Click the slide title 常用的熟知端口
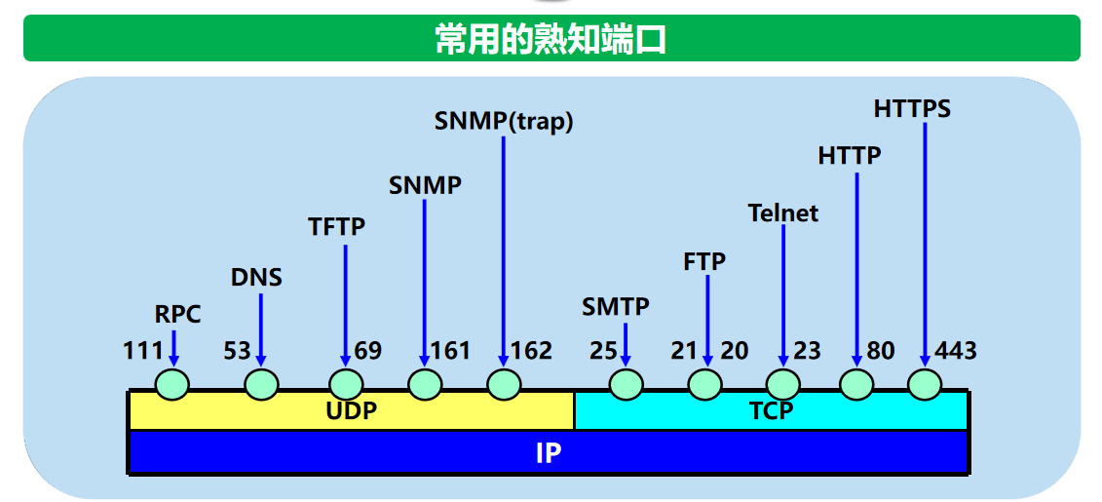tap(551, 39)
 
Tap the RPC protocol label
tap(177, 314)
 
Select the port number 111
tap(142, 351)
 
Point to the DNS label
tap(256, 278)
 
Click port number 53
tap(237, 351)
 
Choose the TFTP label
tap(336, 227)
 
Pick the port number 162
tap(531, 351)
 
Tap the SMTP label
tap(615, 307)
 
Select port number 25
tap(603, 351)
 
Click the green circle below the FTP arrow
tap(705, 385)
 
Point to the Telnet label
tap(782, 212)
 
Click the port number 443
tap(955, 351)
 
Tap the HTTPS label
tap(911, 108)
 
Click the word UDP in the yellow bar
tap(351, 410)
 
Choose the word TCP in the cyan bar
tap(771, 410)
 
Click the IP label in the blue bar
tap(548, 453)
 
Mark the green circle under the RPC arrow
tap(172, 385)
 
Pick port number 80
tap(880, 351)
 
